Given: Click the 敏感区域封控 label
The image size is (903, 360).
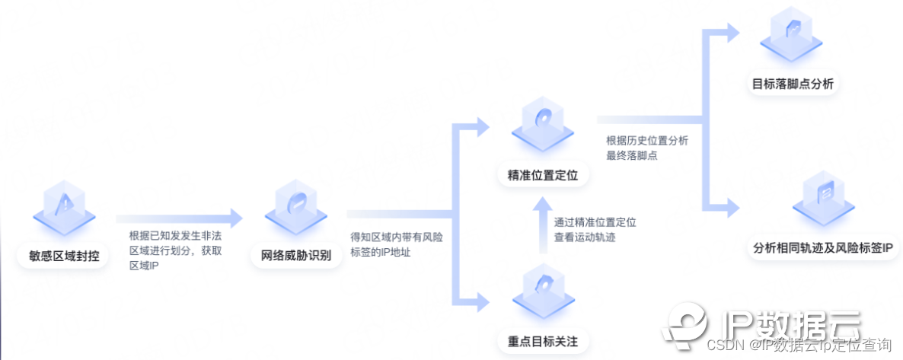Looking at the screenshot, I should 59,256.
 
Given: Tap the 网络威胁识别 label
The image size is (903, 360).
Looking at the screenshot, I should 291,255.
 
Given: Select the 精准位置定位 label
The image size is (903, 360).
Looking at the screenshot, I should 543,176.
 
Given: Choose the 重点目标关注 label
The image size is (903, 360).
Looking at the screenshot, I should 543,340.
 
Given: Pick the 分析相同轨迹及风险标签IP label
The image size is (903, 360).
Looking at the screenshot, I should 822,248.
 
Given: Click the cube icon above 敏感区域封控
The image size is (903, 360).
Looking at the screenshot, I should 65,205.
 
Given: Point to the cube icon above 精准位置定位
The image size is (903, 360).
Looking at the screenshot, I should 542,122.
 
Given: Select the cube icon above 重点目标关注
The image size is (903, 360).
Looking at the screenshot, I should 542,287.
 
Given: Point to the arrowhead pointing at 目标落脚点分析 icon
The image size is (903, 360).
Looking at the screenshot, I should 732,32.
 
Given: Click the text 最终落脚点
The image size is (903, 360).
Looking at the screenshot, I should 631,155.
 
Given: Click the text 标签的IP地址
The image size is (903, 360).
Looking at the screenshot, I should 380,252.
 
